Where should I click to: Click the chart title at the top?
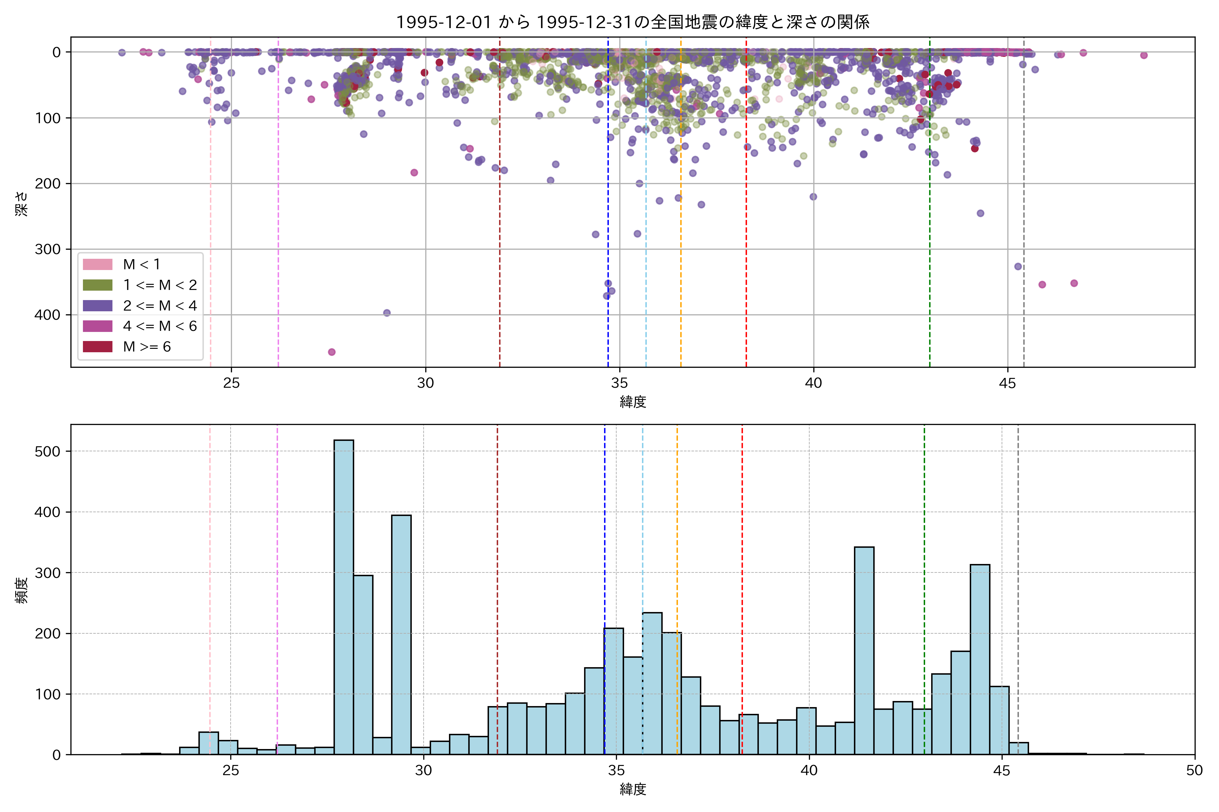(632, 22)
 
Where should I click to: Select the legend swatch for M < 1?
(98, 264)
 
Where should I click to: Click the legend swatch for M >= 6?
(98, 346)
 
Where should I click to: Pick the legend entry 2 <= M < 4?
(159, 306)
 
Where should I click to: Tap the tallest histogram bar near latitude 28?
(344, 595)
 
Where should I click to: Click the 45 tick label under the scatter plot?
(1008, 383)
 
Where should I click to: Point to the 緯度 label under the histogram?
(632, 789)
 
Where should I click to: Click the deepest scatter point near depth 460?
(332, 352)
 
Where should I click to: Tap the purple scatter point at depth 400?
(387, 313)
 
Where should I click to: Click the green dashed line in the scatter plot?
(930, 207)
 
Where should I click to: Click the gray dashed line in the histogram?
(1018, 570)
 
